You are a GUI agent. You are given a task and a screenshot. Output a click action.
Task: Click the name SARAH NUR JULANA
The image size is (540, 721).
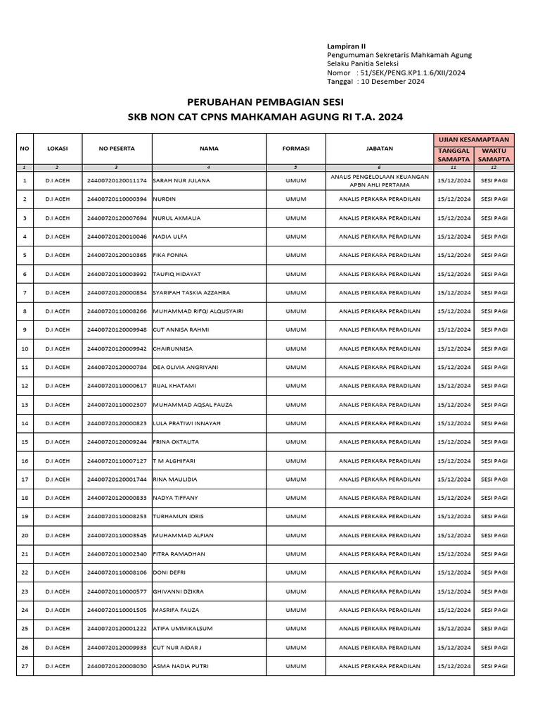tap(181, 180)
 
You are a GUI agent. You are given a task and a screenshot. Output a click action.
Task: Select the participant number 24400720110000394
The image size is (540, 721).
tap(117, 199)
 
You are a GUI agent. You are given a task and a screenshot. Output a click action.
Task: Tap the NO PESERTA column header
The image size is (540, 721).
tap(117, 149)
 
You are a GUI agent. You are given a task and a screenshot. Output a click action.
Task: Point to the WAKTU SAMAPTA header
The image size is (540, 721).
tap(494, 155)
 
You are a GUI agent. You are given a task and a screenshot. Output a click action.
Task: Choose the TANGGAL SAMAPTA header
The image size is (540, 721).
tap(454, 155)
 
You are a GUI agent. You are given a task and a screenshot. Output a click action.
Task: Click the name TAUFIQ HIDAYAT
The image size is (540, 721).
tap(179, 274)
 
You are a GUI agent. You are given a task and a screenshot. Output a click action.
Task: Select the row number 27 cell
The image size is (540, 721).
tap(25, 665)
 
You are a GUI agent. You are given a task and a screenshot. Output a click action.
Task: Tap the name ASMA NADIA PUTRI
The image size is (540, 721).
tap(180, 665)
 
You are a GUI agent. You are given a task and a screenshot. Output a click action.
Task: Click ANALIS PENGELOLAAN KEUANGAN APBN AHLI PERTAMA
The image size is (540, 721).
tap(379, 180)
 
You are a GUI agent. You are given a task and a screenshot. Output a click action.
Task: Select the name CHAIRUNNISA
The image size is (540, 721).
tap(172, 349)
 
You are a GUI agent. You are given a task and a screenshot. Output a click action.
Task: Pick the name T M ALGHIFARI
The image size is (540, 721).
tap(173, 460)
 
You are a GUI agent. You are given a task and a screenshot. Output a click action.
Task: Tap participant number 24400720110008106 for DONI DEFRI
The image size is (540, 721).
tap(117, 572)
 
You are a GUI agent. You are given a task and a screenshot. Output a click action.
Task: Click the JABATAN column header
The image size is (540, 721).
tap(379, 149)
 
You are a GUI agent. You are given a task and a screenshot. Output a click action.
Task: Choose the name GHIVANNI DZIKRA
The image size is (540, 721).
tap(179, 591)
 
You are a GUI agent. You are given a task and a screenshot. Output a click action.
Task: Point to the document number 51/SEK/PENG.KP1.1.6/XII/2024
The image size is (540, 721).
tap(411, 73)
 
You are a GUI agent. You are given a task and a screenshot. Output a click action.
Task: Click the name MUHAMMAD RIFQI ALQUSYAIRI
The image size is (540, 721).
tap(198, 311)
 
